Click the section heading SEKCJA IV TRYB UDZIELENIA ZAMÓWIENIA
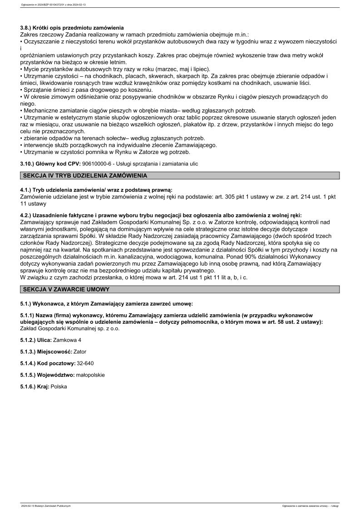point(83,175)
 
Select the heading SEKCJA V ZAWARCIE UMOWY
point(66,289)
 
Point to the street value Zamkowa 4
point(67,339)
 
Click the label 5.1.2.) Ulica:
point(36,339)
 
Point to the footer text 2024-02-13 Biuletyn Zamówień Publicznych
point(46,505)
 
